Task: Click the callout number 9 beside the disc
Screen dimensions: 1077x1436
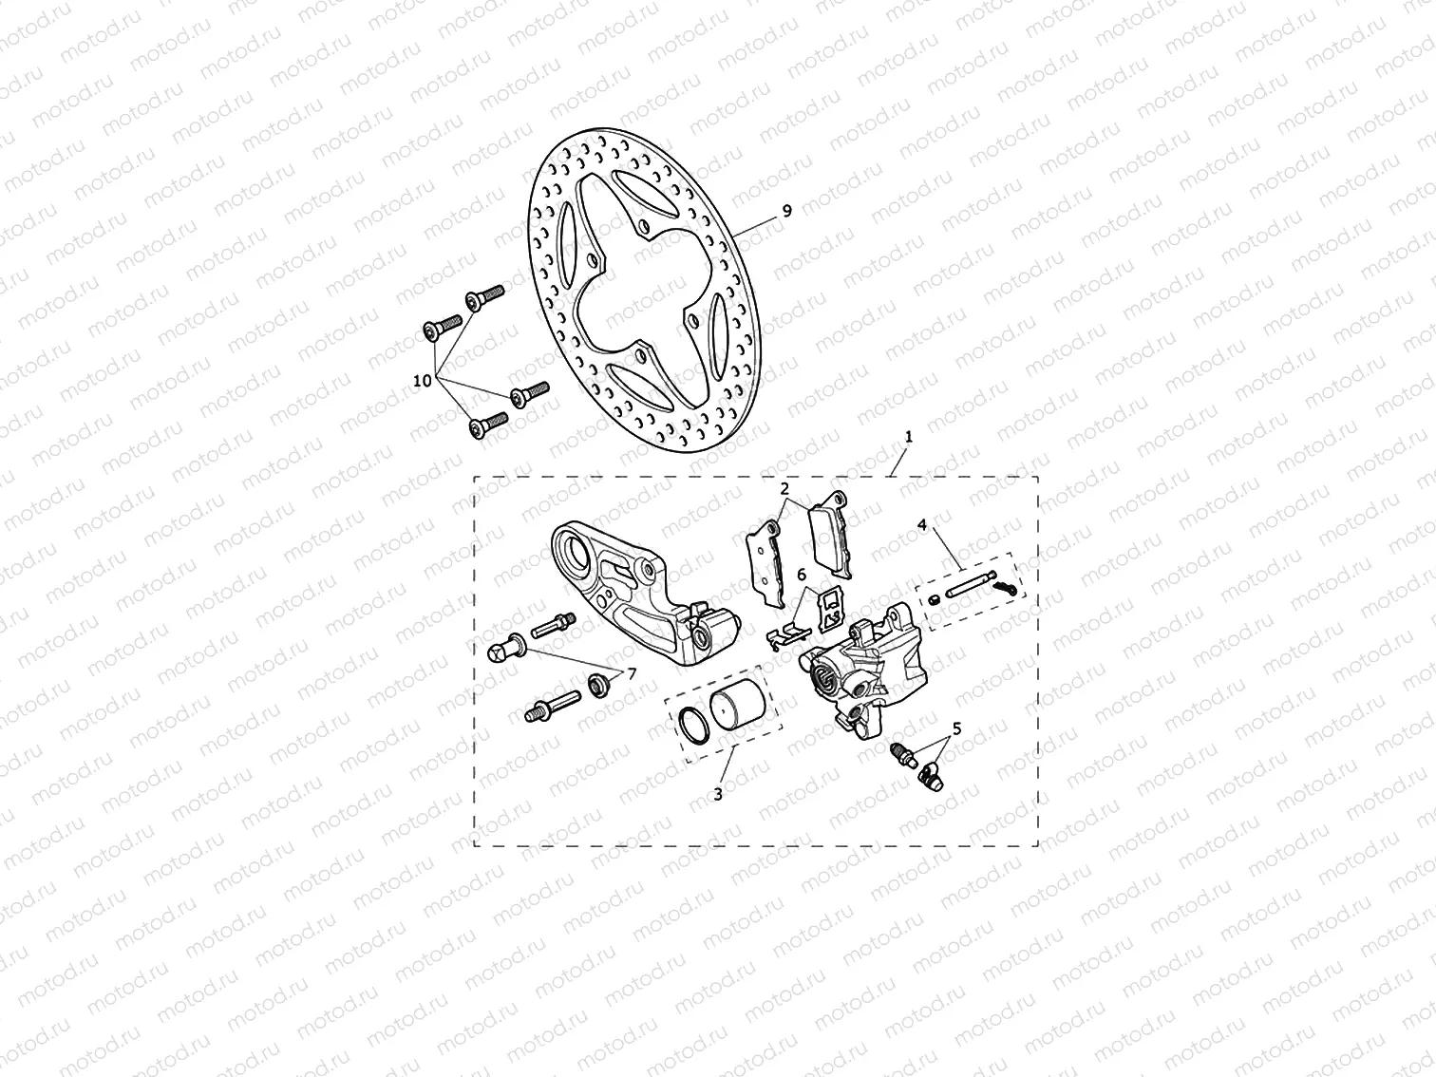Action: pyautogui.click(x=786, y=212)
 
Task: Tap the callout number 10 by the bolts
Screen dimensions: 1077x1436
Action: pyautogui.click(x=423, y=380)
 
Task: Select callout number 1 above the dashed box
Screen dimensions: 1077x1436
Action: pyautogui.click(x=909, y=438)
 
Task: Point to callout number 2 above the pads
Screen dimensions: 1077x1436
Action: pyautogui.click(x=784, y=489)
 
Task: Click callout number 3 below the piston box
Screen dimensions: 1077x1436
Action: pyautogui.click(x=718, y=793)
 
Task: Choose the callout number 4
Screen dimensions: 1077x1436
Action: pyautogui.click(x=921, y=523)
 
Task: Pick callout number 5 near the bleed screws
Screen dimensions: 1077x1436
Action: pyautogui.click(x=956, y=728)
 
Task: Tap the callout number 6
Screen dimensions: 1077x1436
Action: pyautogui.click(x=801, y=575)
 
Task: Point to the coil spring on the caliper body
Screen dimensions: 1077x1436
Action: pyautogui.click(x=823, y=676)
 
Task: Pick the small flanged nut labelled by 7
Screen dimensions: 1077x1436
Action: pyautogui.click(x=597, y=683)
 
